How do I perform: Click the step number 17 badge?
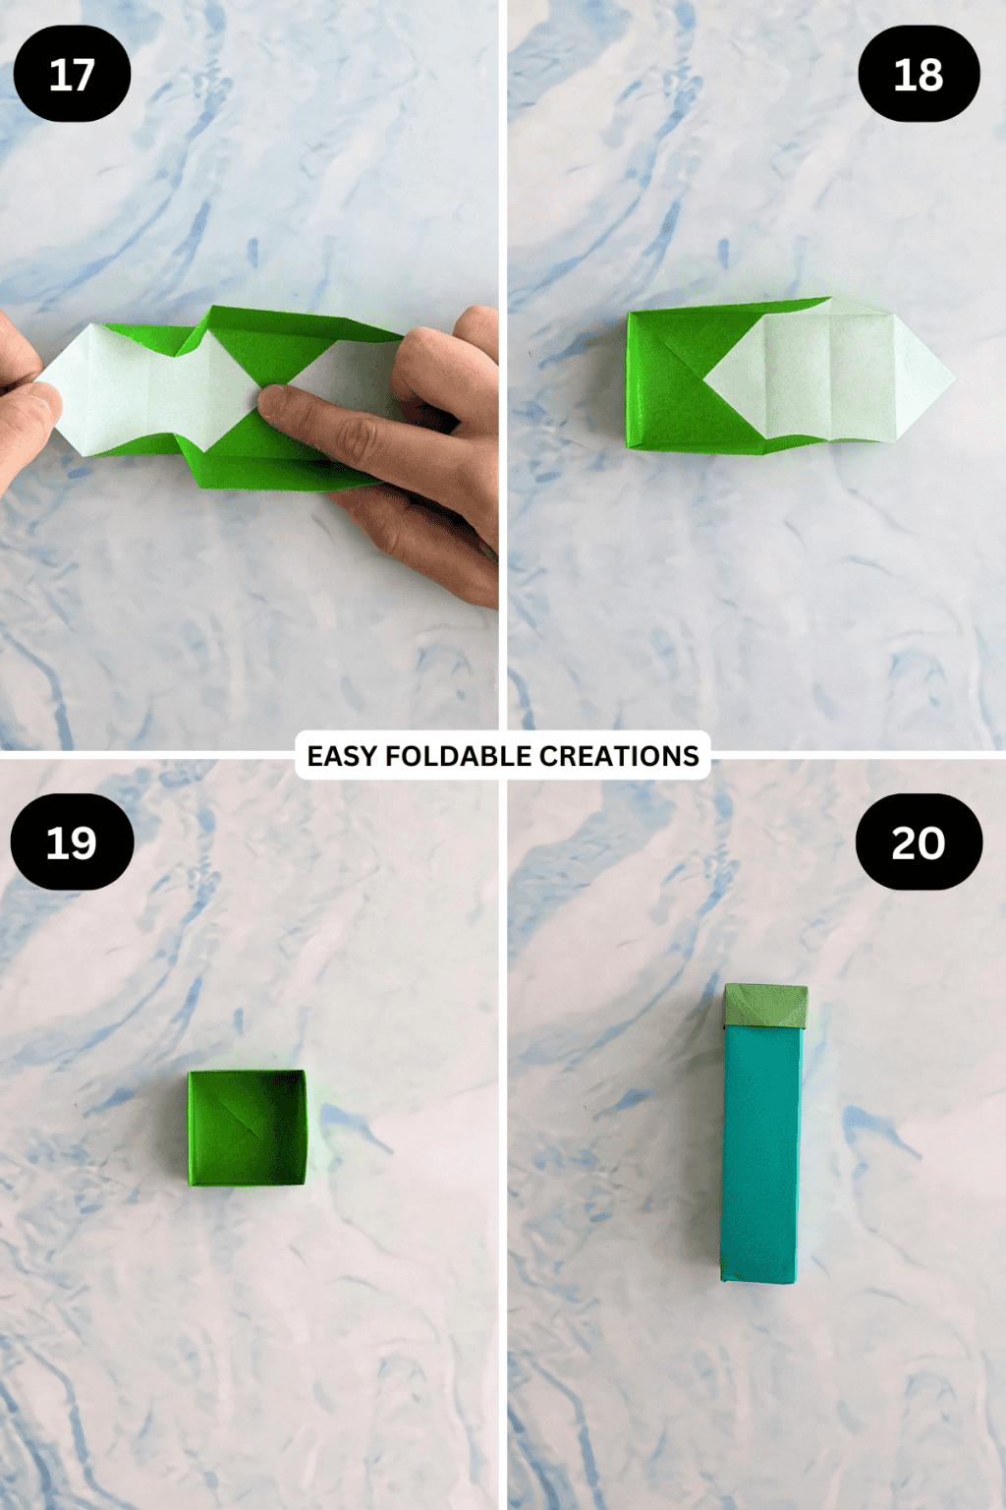(72, 74)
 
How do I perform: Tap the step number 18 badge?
(919, 74)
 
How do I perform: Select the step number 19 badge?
(72, 842)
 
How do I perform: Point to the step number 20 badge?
(919, 842)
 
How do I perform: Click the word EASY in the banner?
(342, 756)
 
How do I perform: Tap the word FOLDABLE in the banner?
(459, 756)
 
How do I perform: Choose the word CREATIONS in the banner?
(619, 756)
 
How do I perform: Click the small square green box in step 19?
(247, 1128)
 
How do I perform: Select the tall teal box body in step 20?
(762, 1150)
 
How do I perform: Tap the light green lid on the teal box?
(765, 1006)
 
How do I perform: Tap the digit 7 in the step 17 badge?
(84, 75)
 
